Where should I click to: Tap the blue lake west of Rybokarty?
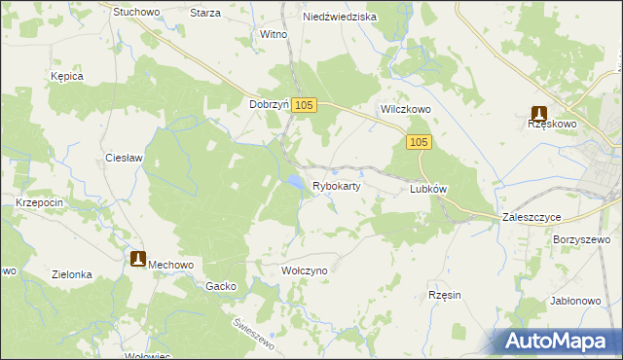293,182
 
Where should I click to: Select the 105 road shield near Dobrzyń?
304,105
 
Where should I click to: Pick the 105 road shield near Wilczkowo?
419,143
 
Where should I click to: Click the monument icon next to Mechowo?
137,259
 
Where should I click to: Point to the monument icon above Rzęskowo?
538,112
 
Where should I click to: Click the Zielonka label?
72,275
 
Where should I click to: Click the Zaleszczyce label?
532,218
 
